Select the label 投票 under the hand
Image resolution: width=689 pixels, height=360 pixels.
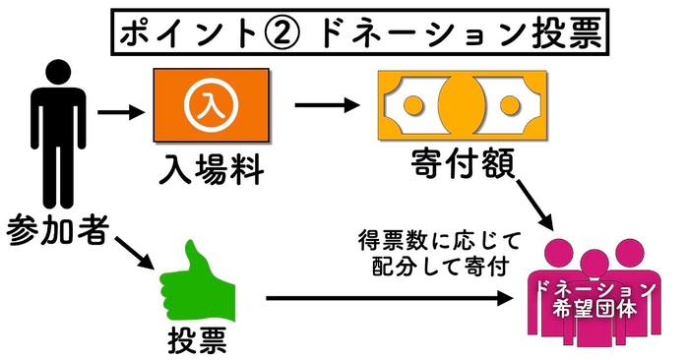tap(197, 340)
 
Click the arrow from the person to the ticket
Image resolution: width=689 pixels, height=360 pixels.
tap(122, 109)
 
